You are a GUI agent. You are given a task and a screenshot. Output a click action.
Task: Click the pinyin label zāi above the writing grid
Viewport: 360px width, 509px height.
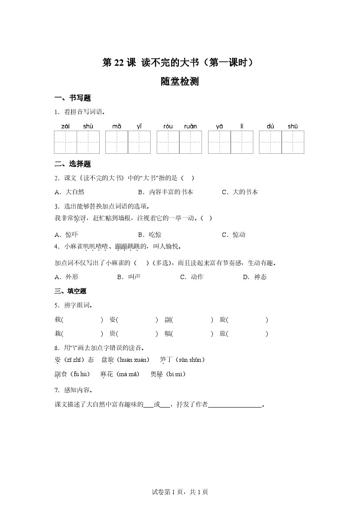(65, 126)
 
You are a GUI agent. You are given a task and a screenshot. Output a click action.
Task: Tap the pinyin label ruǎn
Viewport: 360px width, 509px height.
(190, 126)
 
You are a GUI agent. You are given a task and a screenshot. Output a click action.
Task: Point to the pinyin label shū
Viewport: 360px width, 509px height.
(293, 126)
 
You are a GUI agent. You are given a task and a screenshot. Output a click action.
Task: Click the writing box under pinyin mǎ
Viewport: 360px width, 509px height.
(117, 142)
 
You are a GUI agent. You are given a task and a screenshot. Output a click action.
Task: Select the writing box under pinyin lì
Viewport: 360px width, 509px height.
(242, 142)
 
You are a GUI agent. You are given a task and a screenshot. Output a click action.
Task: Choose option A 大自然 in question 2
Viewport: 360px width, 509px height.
(70, 192)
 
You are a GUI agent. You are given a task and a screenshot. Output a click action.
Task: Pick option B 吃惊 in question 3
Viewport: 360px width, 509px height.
(150, 235)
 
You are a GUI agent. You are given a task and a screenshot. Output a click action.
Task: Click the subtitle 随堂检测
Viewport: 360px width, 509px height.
(179, 81)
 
